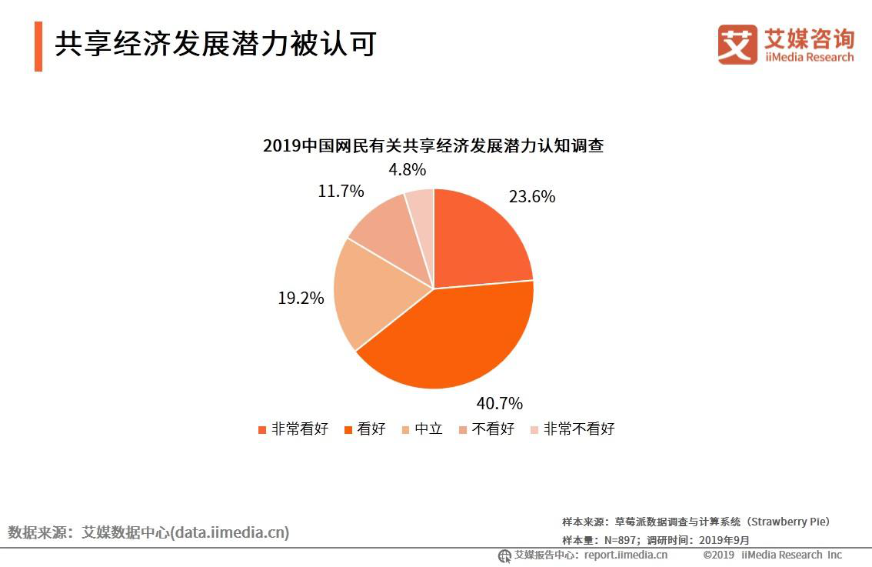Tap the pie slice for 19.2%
[377, 296]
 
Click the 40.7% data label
[499, 403]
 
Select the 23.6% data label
[531, 197]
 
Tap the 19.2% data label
[301, 298]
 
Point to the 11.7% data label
[341, 192]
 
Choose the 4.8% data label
[407, 170]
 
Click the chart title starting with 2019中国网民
[433, 145]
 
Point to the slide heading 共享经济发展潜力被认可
[215, 45]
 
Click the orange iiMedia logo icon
[737, 45]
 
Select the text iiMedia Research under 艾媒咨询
[809, 57]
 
